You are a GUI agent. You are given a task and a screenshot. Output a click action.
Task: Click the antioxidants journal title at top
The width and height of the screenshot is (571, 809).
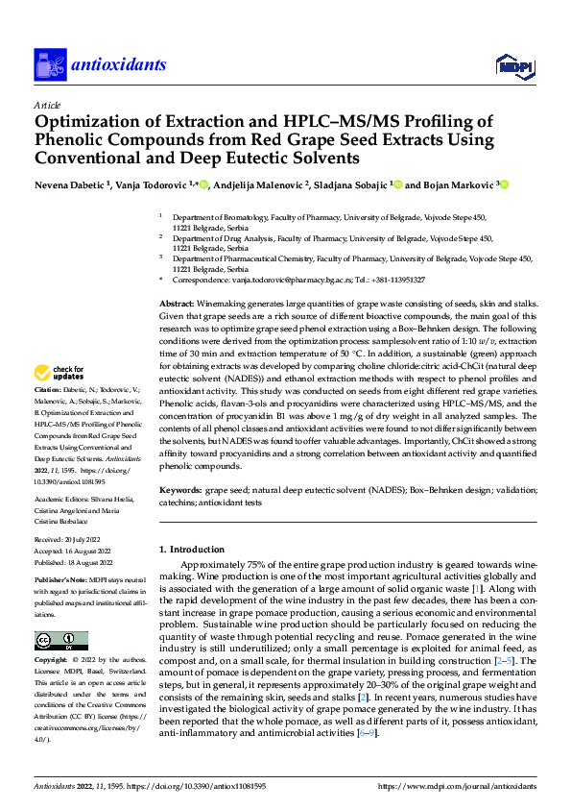tap(117, 65)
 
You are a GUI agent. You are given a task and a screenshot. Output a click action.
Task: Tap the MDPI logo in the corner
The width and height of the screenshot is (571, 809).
tap(513, 65)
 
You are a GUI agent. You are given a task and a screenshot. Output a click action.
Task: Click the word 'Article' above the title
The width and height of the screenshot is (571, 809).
tap(47, 104)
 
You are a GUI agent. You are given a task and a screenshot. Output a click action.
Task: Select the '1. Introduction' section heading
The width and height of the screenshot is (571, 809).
tap(191, 550)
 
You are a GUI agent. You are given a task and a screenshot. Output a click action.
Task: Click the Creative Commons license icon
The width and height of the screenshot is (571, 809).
tap(60, 640)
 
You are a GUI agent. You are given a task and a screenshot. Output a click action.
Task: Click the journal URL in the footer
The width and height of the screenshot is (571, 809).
tap(457, 786)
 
